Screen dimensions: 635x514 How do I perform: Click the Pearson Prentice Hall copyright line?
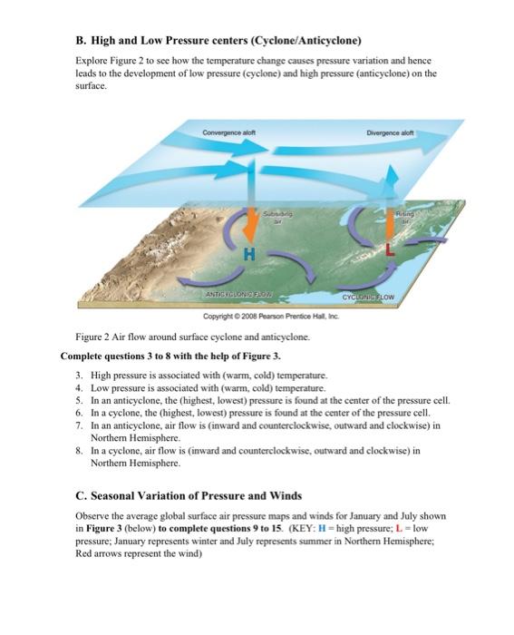pos(257,313)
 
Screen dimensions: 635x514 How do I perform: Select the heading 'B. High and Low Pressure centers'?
pos(218,41)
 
